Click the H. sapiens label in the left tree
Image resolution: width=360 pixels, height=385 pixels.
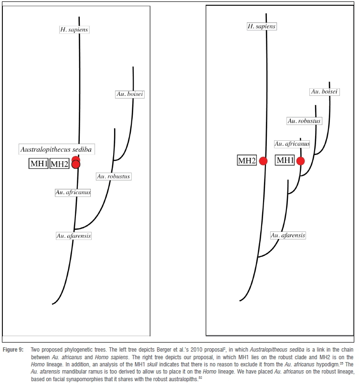point(74,30)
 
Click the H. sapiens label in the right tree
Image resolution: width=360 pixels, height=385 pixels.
point(261,26)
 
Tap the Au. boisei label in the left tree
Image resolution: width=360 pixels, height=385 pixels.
point(130,94)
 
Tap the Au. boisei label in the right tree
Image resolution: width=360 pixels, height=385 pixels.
point(324,91)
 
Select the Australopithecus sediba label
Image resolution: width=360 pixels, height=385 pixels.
point(56,149)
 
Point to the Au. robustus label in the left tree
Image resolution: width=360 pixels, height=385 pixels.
point(114,177)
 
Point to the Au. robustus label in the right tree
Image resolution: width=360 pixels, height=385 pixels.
point(304,121)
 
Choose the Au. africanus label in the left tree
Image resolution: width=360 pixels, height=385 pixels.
point(73,192)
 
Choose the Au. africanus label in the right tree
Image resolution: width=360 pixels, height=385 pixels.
point(292,144)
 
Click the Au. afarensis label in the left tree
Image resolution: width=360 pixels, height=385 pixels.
point(74,236)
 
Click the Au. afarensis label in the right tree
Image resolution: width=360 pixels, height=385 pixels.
point(288,235)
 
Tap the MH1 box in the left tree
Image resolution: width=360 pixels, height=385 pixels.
point(39,164)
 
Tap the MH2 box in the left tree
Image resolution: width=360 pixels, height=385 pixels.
point(60,164)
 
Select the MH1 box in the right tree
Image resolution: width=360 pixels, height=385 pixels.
point(285,161)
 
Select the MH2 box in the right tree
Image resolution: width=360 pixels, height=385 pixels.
point(247,161)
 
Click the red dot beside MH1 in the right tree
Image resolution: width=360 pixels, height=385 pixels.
point(300,161)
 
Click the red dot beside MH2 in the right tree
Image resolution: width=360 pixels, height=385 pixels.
point(263,161)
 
